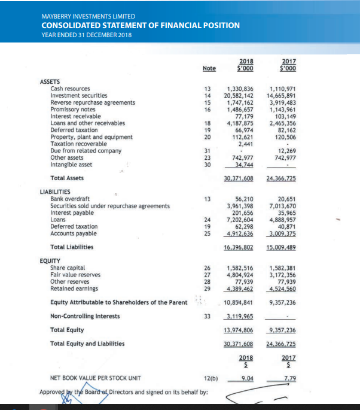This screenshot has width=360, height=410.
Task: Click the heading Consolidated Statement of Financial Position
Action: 140,25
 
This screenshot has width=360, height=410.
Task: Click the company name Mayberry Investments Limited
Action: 88,16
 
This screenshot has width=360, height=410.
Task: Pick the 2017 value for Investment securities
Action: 284,95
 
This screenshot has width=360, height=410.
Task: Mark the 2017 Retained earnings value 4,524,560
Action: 284,288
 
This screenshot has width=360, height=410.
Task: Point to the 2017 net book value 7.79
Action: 289,378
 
